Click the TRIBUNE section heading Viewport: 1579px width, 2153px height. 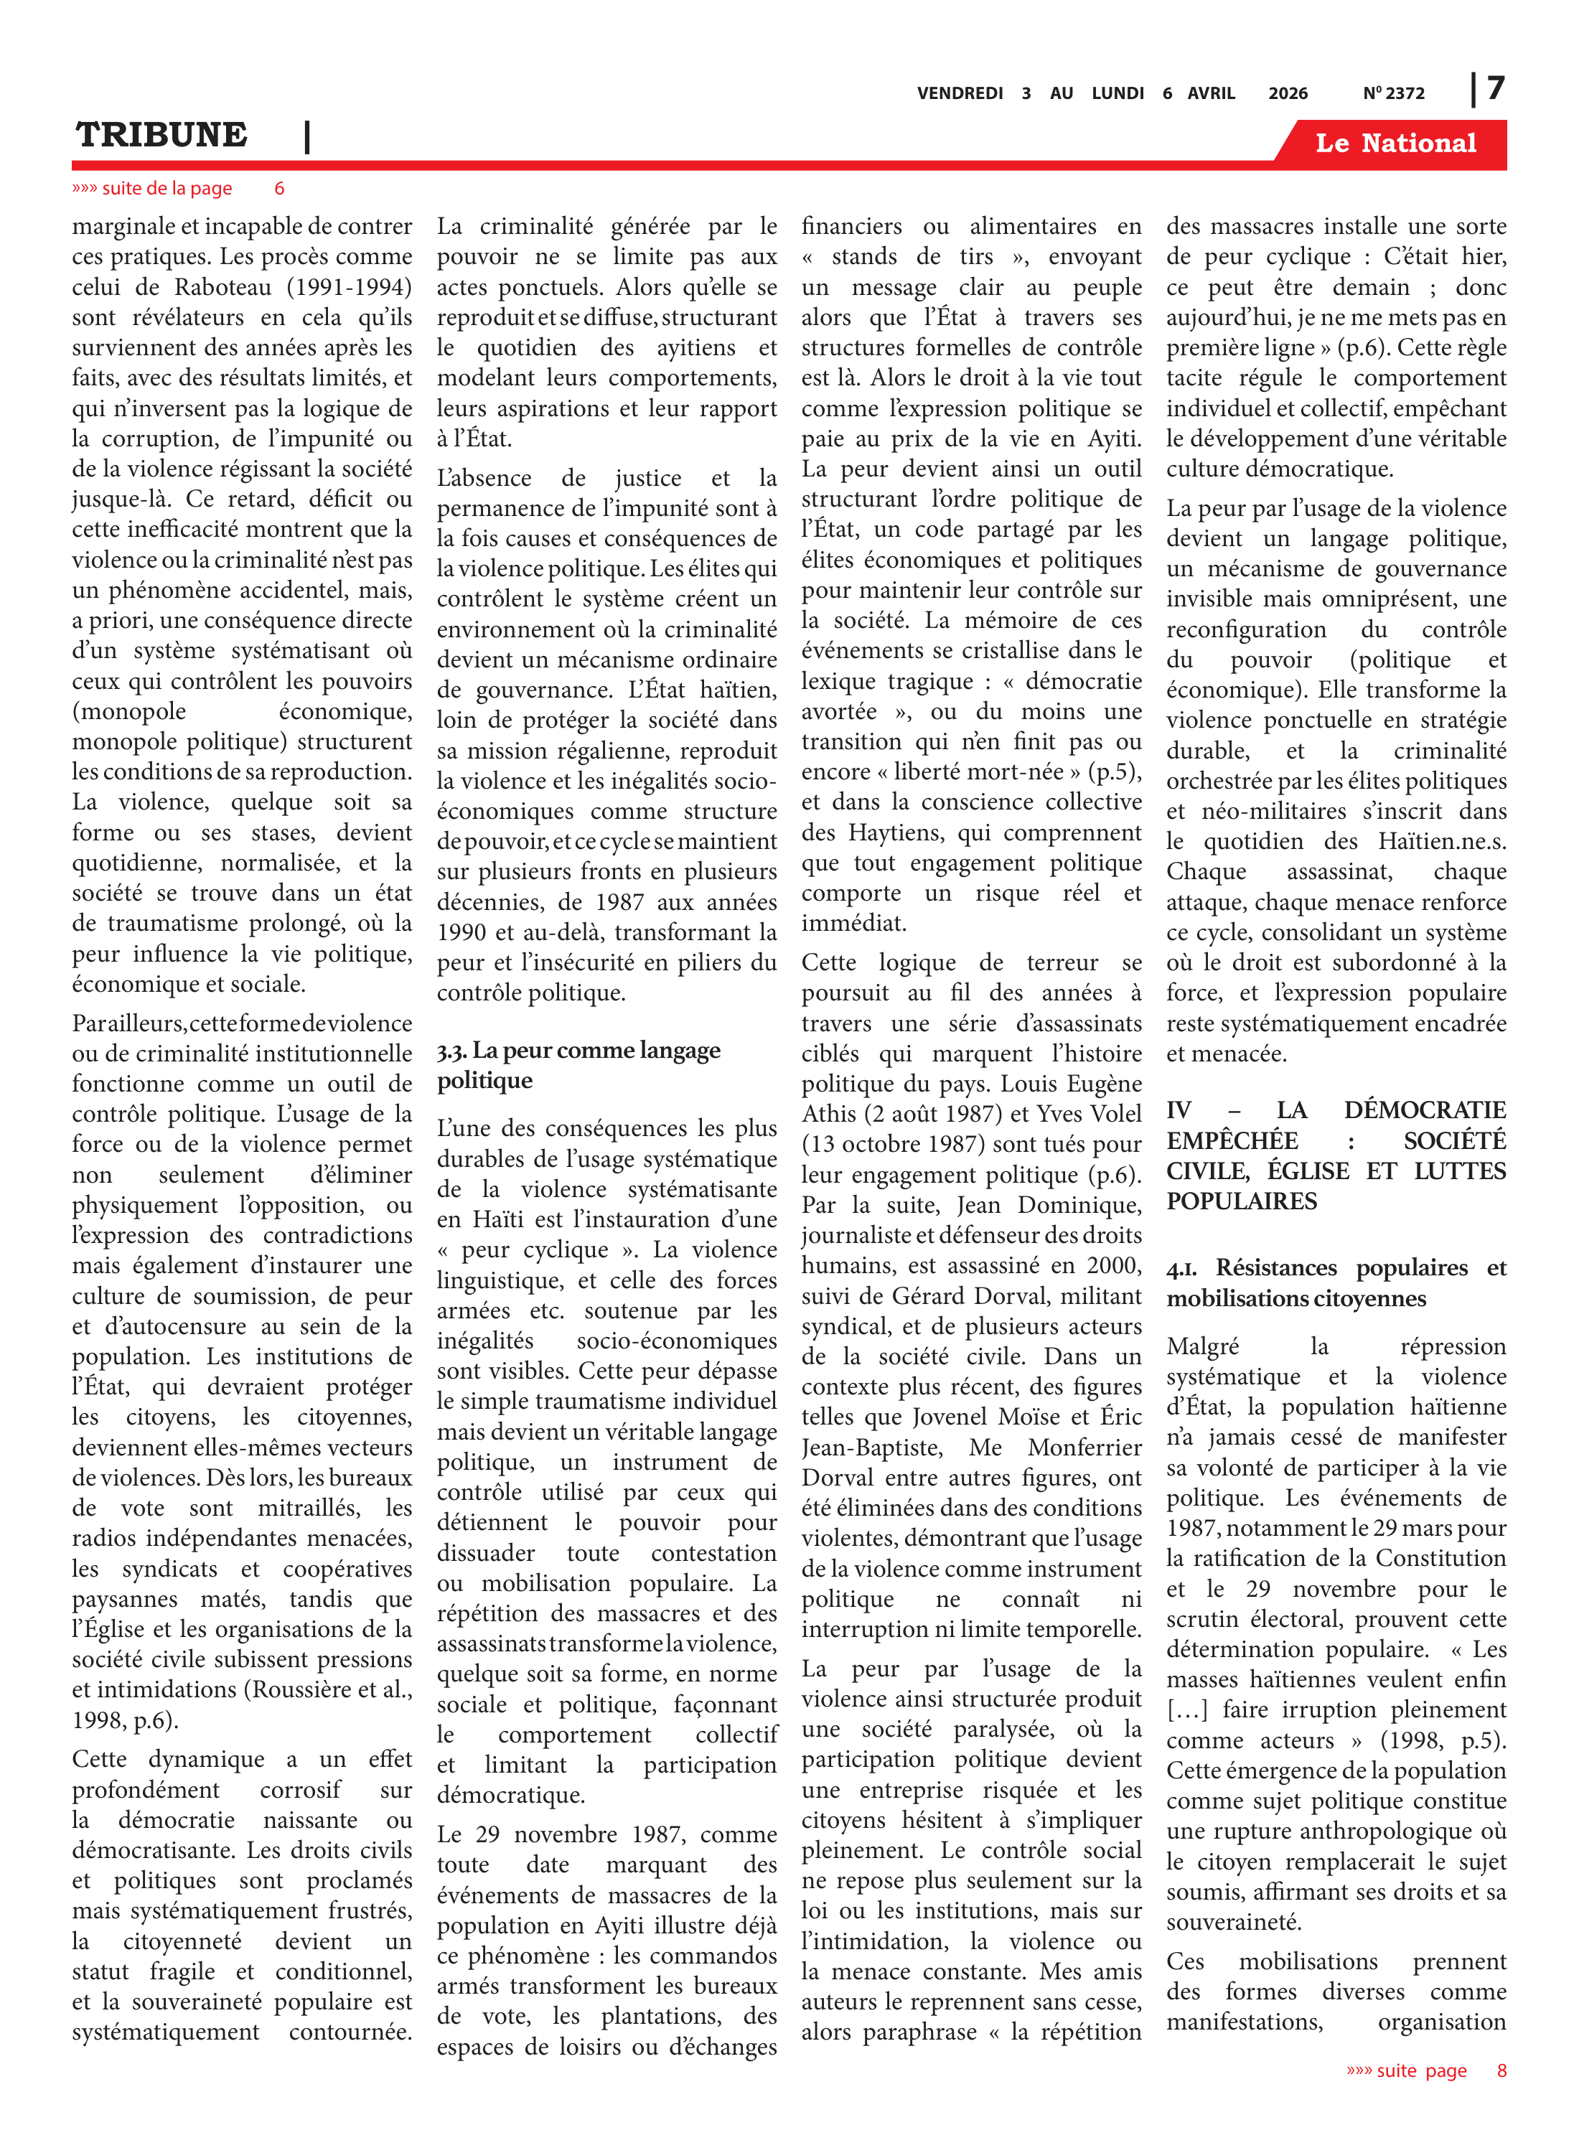tap(161, 135)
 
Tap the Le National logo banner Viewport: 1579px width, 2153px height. tap(1395, 144)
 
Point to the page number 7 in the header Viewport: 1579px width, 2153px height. tap(1496, 89)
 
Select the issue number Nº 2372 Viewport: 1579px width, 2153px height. tap(1394, 93)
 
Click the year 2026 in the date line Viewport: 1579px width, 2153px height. tap(1288, 93)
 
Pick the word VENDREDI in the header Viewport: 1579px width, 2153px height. tap(960, 93)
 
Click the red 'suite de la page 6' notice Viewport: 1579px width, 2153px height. tap(178, 188)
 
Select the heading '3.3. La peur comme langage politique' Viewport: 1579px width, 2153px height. tap(578, 1064)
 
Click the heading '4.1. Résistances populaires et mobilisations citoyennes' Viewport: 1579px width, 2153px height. tap(1335, 1282)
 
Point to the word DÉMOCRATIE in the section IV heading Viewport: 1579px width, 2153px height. tap(1424, 1110)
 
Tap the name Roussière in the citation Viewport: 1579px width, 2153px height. tap(298, 1689)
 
